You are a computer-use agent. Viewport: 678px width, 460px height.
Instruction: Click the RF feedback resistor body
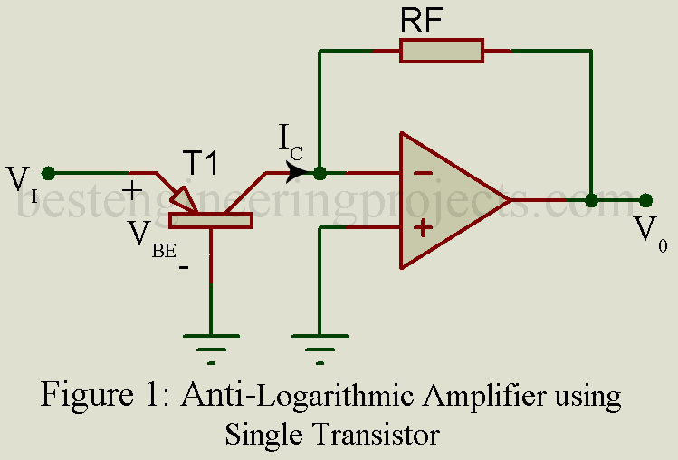pyautogui.click(x=442, y=51)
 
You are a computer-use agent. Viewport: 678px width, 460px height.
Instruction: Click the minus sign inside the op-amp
pyautogui.click(x=423, y=172)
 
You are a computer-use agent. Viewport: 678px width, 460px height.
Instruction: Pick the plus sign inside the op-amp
pyautogui.click(x=423, y=226)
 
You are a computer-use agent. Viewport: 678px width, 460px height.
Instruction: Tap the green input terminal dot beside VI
pyautogui.click(x=49, y=172)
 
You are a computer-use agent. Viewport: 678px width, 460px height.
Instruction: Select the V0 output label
pyautogui.click(x=645, y=231)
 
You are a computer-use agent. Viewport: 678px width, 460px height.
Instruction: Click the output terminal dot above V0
pyautogui.click(x=645, y=200)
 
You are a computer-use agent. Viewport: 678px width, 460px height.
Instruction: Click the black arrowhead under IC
pyautogui.click(x=297, y=172)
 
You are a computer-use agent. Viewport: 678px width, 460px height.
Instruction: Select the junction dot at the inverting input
pyautogui.click(x=320, y=172)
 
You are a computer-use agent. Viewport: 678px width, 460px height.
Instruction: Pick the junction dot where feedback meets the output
pyautogui.click(x=591, y=200)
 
